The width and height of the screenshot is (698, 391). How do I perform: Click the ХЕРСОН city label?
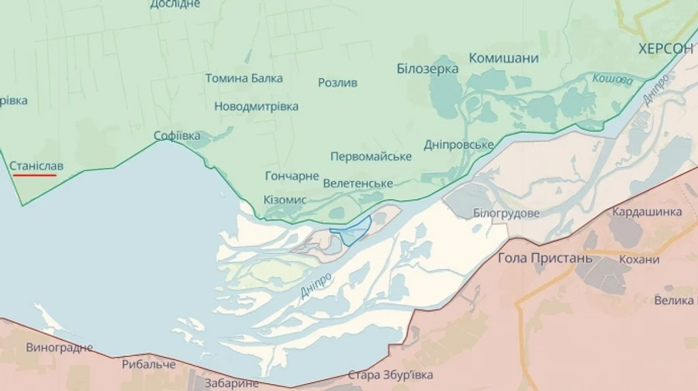coord(665,48)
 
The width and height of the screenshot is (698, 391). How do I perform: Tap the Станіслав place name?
coord(37,165)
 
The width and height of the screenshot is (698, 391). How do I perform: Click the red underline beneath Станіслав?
coord(34,175)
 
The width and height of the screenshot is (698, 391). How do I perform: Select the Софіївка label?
coord(177,135)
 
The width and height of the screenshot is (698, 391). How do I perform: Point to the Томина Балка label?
coord(244,78)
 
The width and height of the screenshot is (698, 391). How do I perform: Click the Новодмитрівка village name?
coord(256,106)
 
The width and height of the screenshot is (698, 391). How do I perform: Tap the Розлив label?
coord(337,83)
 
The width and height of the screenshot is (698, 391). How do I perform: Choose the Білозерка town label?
coord(427,68)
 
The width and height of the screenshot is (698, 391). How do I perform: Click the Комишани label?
coord(503,58)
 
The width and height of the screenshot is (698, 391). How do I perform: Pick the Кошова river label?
coord(613,79)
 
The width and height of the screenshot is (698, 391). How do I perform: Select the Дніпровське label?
coord(459,145)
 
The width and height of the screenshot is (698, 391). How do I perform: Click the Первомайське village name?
coord(371,156)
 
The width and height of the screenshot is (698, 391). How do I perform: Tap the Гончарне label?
coord(292,176)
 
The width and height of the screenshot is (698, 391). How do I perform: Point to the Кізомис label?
coord(285,200)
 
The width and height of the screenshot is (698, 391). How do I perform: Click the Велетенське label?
coord(358,183)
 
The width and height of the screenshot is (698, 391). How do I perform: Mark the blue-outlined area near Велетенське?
coord(354,230)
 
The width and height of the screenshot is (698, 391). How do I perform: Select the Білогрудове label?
coord(506,213)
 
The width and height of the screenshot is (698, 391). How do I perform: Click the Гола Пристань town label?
coord(545,258)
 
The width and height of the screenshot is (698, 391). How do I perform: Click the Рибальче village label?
coord(148,364)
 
